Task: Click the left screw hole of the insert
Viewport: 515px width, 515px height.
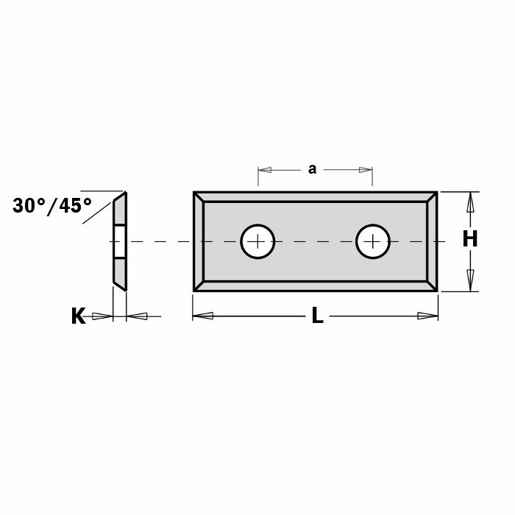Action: [x=257, y=241]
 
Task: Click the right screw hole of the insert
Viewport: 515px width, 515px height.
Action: [x=373, y=241]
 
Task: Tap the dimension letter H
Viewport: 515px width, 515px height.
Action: [x=470, y=239]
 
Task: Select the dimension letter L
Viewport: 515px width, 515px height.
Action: [x=317, y=316]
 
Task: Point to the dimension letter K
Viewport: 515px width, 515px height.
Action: [x=79, y=316]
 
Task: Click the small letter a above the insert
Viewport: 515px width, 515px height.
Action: [x=312, y=169]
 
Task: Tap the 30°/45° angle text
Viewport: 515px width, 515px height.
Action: [x=52, y=206]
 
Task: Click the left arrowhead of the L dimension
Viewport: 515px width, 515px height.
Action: [x=202, y=316]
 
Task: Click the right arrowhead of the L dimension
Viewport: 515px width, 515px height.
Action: [x=427, y=316]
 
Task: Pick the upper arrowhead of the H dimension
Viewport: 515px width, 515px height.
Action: [x=470, y=202]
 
